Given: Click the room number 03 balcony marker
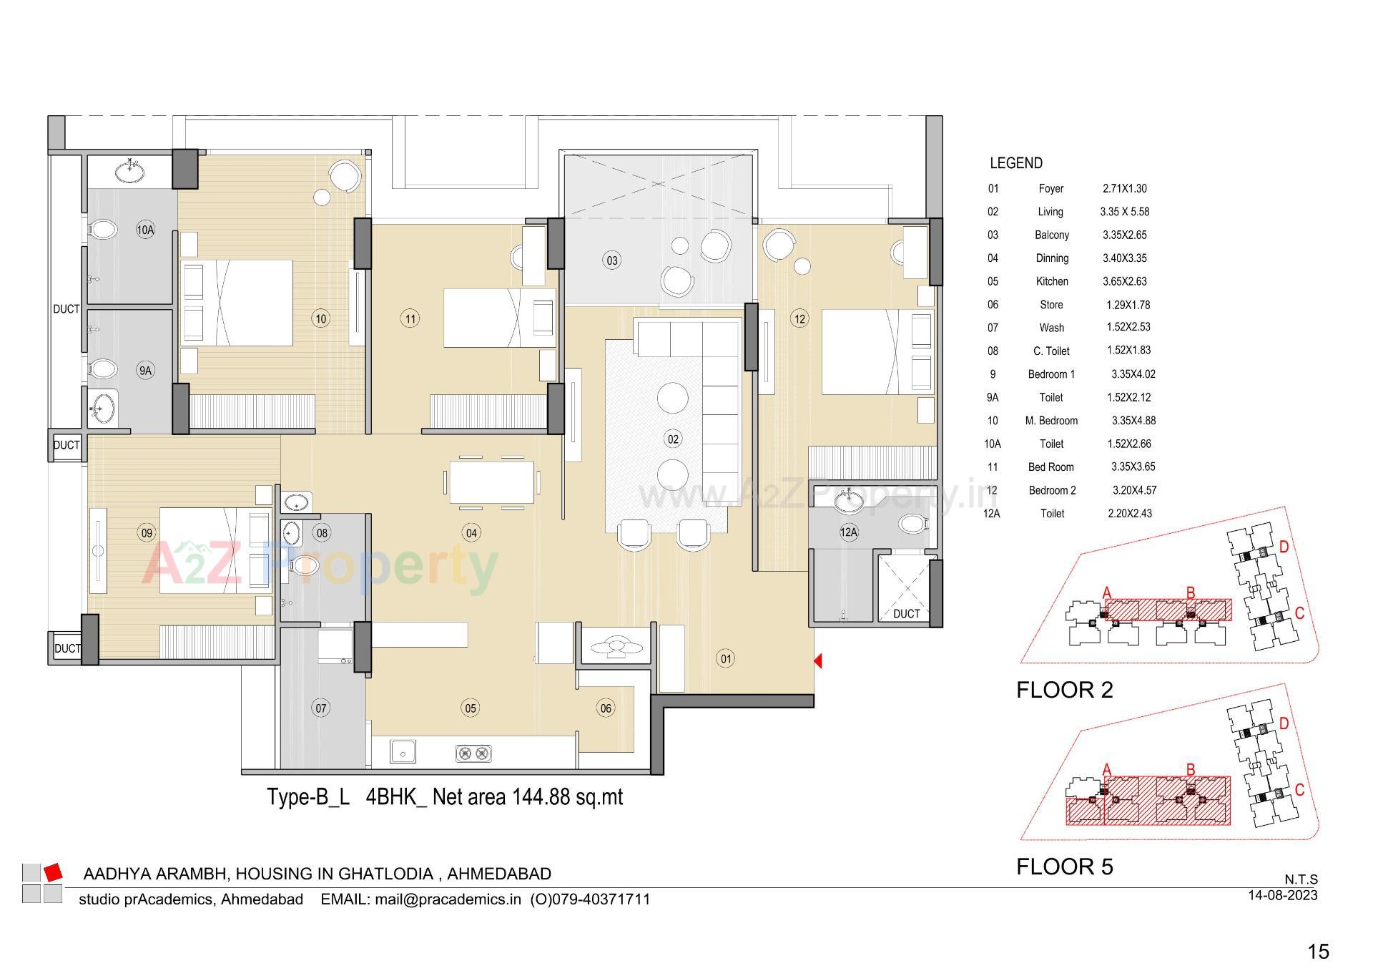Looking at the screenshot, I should click(612, 260).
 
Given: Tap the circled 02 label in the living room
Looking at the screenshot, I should click(673, 439).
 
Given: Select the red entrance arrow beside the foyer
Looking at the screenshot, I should click(818, 661).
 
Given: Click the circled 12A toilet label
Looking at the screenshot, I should click(849, 532).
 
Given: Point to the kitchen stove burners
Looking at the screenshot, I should click(473, 753).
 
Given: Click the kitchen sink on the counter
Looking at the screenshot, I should click(403, 753).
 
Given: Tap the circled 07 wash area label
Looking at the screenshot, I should click(321, 708).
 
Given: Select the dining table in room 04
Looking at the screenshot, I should click(491, 482).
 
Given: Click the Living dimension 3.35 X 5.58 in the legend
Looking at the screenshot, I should click(1125, 212).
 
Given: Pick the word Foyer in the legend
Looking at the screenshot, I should click(1051, 189).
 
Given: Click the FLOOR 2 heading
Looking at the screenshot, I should click(1064, 690).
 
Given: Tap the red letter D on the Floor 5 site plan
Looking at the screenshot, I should click(1284, 723).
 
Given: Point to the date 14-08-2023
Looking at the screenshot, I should click(1282, 895).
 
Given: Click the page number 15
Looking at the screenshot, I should click(1318, 951).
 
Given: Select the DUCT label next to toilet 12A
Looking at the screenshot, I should click(906, 614).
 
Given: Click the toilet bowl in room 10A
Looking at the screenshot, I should click(104, 230).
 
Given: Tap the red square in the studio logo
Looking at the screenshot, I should click(53, 872).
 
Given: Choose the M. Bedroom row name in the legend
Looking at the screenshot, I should click(1051, 421).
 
